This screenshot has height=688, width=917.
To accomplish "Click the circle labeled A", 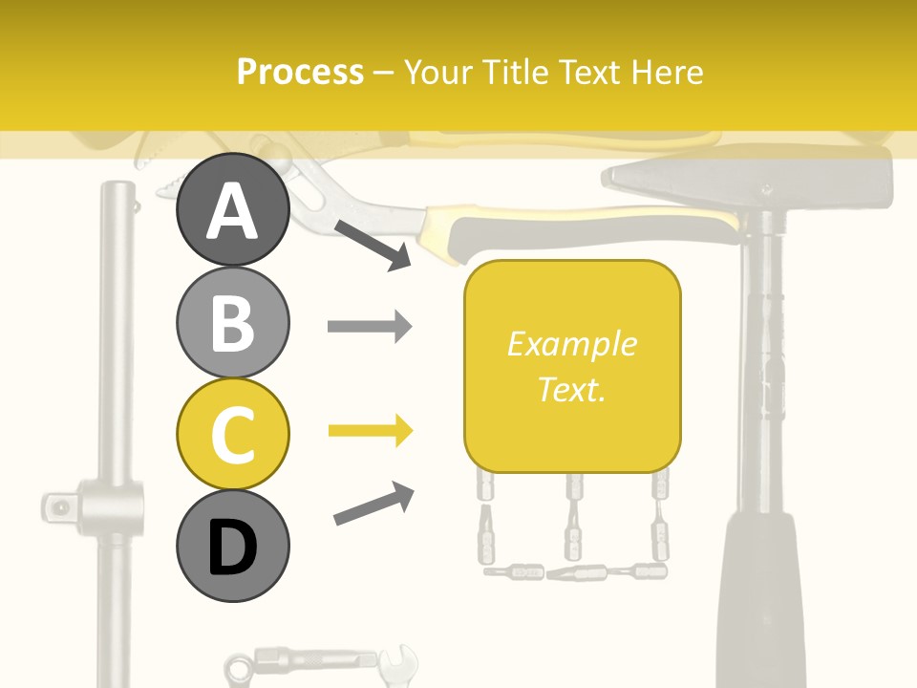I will pos(232,210).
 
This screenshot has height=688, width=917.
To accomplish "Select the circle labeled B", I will pos(232,322).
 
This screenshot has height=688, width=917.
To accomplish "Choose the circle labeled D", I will pos(232,546).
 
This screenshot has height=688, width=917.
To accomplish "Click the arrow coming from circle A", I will pos(373,245).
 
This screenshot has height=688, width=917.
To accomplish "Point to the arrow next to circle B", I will pos(369,327).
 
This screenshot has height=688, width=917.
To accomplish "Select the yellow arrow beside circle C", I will pos(369,432).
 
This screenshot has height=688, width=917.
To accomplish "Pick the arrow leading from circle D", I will pos(373,504).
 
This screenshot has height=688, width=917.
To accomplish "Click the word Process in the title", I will pos(300,72).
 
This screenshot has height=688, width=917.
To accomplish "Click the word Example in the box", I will pos(572,344).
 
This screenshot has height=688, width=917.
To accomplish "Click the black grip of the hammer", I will pos(760,602).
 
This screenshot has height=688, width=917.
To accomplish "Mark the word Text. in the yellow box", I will pos(572,389).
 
